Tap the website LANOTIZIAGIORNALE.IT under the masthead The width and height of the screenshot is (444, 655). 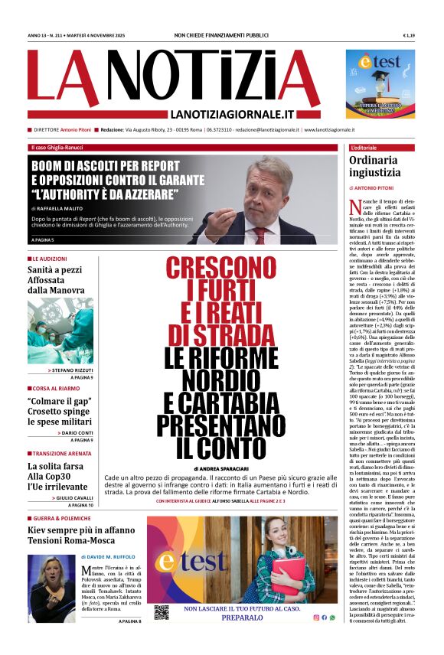point(234,114)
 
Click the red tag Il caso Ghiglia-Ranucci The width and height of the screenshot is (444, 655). point(58,147)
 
